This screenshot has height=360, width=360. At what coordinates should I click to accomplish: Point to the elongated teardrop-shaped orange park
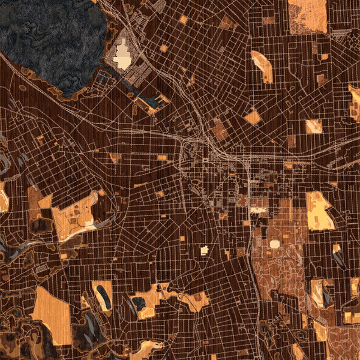[x=262, y=66]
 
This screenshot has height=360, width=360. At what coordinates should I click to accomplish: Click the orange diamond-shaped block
[x=253, y=116]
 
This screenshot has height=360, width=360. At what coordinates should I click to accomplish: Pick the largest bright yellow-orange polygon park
[x=318, y=210]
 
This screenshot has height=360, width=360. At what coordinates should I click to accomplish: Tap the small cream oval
[x=275, y=244]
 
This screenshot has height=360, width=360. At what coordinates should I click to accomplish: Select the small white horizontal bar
[x=259, y=210]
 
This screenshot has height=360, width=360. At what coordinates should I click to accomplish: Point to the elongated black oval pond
[x=103, y=295]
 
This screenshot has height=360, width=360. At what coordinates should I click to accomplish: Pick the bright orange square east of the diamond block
[x=314, y=126]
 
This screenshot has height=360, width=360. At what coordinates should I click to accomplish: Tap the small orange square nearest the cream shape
[x=163, y=48]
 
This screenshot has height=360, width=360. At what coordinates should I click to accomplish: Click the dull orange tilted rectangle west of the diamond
[x=220, y=129]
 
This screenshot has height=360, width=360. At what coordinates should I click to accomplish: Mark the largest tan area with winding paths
[x=279, y=264]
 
